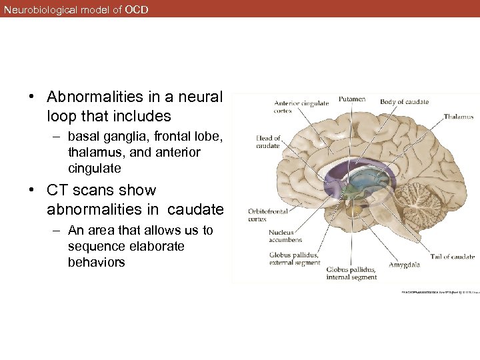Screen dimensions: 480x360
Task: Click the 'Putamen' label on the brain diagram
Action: [352, 99]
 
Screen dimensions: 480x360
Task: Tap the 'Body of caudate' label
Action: [404, 102]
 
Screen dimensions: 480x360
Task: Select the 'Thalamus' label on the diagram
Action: [459, 116]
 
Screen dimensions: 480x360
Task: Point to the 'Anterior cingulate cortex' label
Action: [301, 107]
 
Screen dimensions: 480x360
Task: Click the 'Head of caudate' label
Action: [268, 142]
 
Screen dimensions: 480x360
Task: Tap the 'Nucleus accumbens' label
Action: [285, 236]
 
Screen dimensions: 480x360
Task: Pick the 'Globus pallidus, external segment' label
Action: [294, 259]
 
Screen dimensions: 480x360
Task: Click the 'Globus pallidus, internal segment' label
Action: [351, 273]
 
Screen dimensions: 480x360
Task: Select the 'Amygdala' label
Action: [405, 265]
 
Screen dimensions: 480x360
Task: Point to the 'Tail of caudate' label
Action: [453, 257]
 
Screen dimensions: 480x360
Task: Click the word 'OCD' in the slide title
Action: [137, 10]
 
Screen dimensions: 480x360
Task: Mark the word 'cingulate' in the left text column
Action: [95, 169]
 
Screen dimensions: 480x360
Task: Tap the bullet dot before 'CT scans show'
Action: [32, 190]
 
